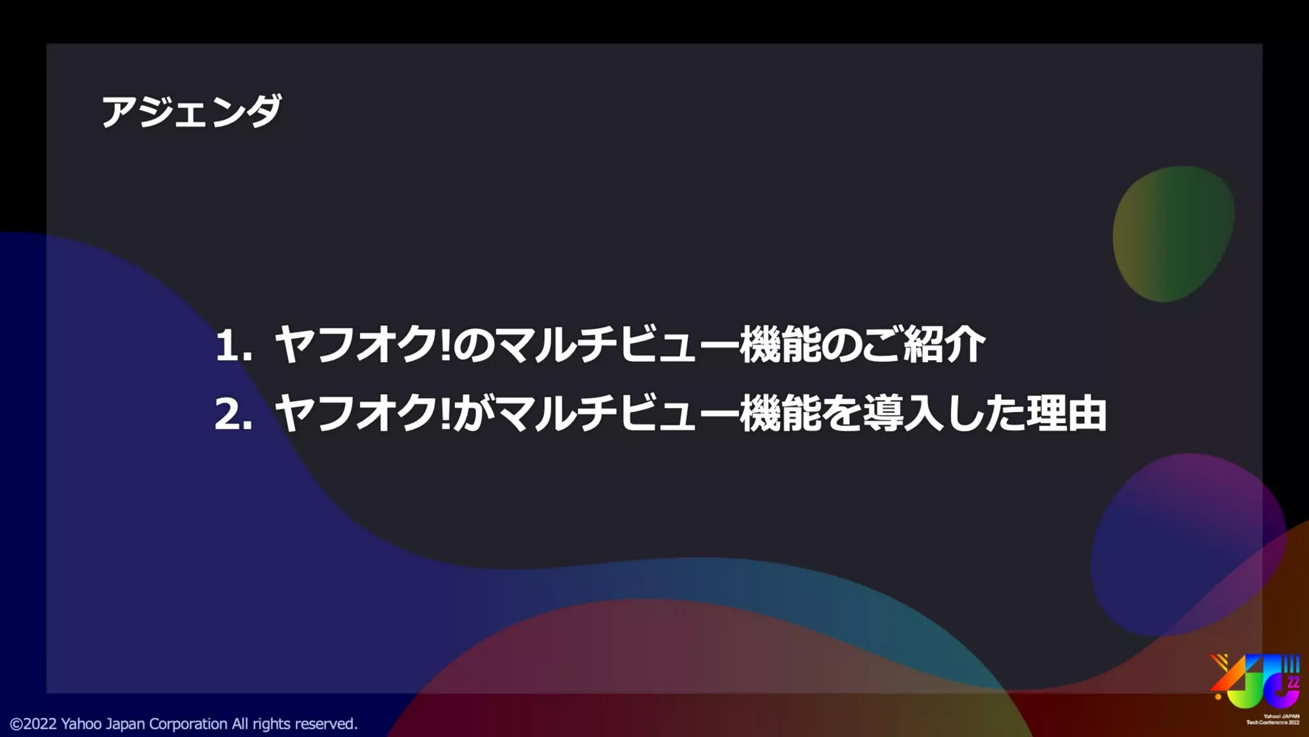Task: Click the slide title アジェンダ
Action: coord(191,111)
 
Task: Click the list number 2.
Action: coord(232,414)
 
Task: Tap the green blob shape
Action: coord(1173,234)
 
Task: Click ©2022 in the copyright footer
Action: coord(33,724)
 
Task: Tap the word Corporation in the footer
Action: coord(188,724)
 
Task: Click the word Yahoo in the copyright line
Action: coord(81,724)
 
